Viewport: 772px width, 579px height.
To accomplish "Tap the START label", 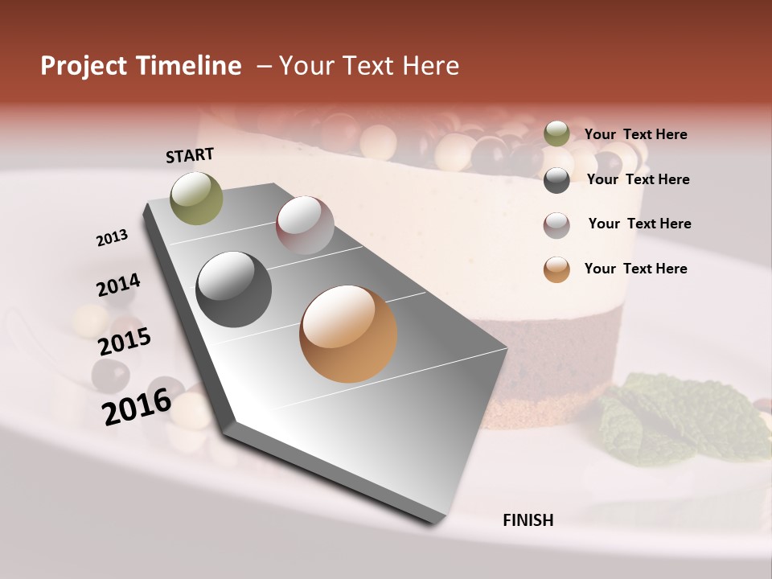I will [x=190, y=155].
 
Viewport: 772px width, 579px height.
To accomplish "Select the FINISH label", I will [x=528, y=520].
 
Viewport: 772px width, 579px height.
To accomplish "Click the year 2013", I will [x=112, y=238].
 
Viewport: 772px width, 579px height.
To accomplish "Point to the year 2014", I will [x=118, y=285].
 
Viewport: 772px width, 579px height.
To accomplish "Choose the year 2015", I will [x=125, y=342].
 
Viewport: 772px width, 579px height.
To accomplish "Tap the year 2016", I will [x=137, y=406].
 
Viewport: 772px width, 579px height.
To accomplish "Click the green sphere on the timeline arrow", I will [x=197, y=198].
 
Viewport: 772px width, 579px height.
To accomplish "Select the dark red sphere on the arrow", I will [x=305, y=225].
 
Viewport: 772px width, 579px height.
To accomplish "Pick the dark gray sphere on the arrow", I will [x=234, y=289].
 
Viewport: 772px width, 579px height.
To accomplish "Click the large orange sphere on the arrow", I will [x=348, y=334].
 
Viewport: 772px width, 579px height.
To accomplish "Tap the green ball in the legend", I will [x=556, y=133].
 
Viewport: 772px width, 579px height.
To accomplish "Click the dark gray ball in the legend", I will [x=556, y=180].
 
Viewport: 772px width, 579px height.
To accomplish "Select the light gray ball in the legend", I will [x=556, y=225].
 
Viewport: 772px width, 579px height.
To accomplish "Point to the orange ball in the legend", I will [x=556, y=269].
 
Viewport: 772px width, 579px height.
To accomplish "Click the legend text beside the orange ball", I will [x=635, y=269].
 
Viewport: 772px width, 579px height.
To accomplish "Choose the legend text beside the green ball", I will [x=635, y=135].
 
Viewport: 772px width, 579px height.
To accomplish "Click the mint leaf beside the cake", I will [x=675, y=418].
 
